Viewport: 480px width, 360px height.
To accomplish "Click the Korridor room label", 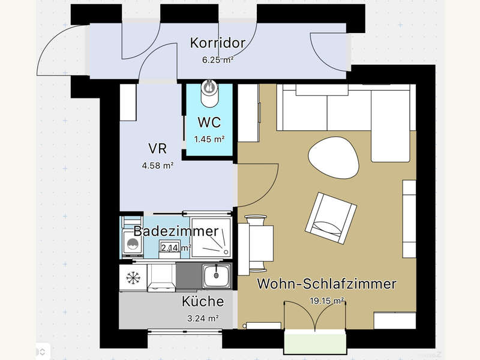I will pos(218,43).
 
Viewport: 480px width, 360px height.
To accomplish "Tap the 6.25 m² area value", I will pos(218,59).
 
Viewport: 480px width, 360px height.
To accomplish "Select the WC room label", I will pos(209,123).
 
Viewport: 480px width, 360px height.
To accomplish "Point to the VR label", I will pos(158,149).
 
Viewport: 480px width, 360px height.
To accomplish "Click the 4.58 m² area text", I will pos(158,166).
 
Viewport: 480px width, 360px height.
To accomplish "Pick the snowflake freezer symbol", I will pos(132,278).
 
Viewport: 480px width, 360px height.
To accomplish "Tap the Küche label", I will pos(203,301).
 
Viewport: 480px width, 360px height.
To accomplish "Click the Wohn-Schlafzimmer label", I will pos(326,284).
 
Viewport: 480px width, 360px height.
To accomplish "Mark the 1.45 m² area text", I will pos(209,139).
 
